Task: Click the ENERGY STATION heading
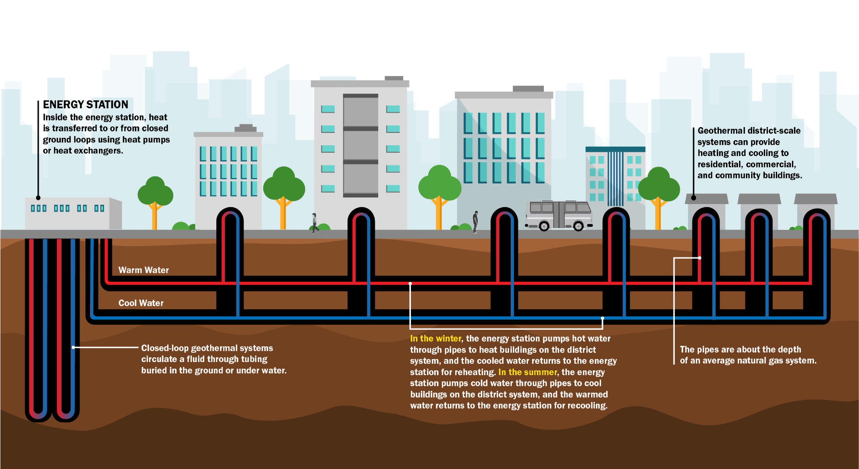point(85,105)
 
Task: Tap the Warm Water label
point(143,270)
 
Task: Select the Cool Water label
point(141,303)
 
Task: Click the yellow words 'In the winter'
point(435,339)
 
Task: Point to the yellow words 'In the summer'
point(527,372)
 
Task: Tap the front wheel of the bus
point(578,226)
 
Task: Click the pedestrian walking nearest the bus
point(475,222)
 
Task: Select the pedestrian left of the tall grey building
point(314,223)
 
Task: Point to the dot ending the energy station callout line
point(38,198)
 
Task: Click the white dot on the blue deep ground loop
point(73,348)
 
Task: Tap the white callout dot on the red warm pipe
point(410,284)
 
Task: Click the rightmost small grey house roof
point(815,199)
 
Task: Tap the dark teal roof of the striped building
point(615,149)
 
